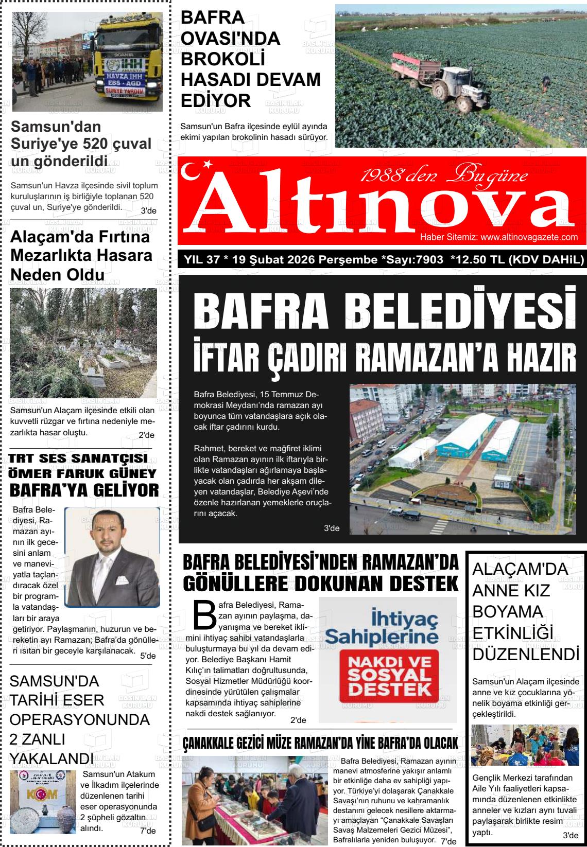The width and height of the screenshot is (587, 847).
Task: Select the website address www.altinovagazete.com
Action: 529,237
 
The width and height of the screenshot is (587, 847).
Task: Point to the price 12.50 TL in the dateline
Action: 477,260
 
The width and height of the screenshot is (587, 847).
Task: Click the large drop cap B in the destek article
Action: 204,613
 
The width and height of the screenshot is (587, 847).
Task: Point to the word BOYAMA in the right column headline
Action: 501,612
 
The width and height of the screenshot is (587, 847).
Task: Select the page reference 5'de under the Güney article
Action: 148,656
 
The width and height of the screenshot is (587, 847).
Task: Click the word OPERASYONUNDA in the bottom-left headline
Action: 80,719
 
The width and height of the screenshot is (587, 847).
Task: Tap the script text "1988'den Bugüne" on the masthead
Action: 444,176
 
